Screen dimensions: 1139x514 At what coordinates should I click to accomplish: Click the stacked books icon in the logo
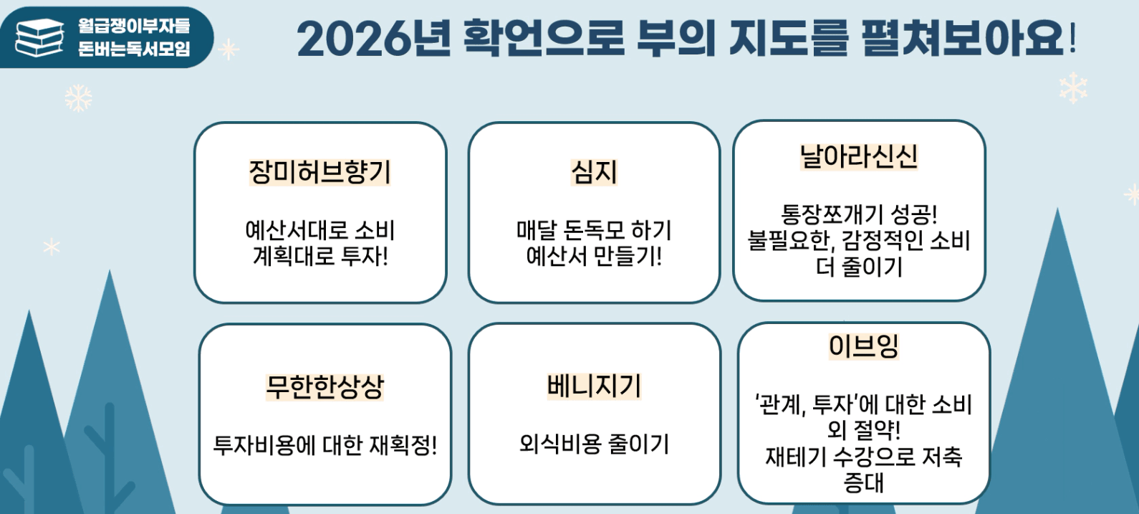(39, 38)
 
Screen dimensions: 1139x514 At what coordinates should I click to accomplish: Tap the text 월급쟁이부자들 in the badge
(134, 26)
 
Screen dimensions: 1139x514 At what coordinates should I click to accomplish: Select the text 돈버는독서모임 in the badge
(134, 48)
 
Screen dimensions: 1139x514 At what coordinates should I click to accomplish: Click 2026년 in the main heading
(374, 38)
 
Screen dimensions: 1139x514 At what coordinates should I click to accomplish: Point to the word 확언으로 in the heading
(544, 37)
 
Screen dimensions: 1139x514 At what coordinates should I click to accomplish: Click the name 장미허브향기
(319, 172)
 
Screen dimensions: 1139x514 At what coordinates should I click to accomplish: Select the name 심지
(594, 172)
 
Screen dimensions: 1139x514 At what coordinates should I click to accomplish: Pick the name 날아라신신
(859, 156)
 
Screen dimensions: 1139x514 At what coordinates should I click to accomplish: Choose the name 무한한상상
(325, 387)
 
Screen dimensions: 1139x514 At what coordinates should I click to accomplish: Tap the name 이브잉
(863, 346)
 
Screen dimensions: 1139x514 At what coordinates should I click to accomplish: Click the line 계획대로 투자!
(320, 255)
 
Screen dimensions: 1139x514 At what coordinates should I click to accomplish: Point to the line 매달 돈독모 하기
(594, 230)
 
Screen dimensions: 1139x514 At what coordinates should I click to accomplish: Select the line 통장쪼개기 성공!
(859, 214)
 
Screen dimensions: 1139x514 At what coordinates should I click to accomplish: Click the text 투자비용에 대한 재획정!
(325, 445)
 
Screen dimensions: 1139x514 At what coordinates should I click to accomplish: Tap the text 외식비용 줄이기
(594, 444)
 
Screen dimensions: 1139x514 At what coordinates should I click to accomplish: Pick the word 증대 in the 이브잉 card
(863, 482)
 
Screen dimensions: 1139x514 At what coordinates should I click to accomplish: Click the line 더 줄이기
(859, 267)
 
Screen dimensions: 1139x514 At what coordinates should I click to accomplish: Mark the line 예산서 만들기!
(594, 255)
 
